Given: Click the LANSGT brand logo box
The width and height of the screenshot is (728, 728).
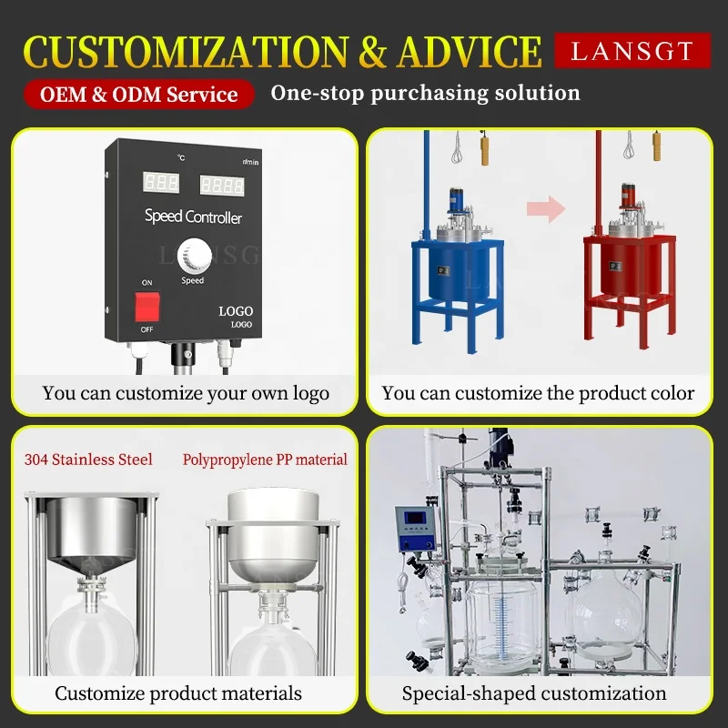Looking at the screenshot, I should [632, 51].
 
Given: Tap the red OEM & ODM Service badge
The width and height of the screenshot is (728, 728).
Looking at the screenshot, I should [138, 95].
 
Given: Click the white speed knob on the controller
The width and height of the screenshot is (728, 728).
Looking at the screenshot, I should [192, 254].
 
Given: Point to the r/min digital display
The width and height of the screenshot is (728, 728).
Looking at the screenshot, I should [222, 186].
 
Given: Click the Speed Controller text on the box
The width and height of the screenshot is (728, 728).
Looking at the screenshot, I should [193, 217].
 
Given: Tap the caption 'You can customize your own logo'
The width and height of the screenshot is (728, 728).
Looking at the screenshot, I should [186, 394].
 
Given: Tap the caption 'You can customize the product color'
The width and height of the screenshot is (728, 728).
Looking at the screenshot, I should [538, 393].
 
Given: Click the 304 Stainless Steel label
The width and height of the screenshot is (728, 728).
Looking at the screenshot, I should [88, 460].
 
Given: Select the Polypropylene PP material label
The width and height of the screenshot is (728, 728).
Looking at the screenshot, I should [265, 460].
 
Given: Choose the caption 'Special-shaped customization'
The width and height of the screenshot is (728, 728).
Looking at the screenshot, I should [534, 693].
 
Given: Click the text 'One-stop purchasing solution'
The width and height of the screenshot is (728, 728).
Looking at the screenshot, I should [425, 93].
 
